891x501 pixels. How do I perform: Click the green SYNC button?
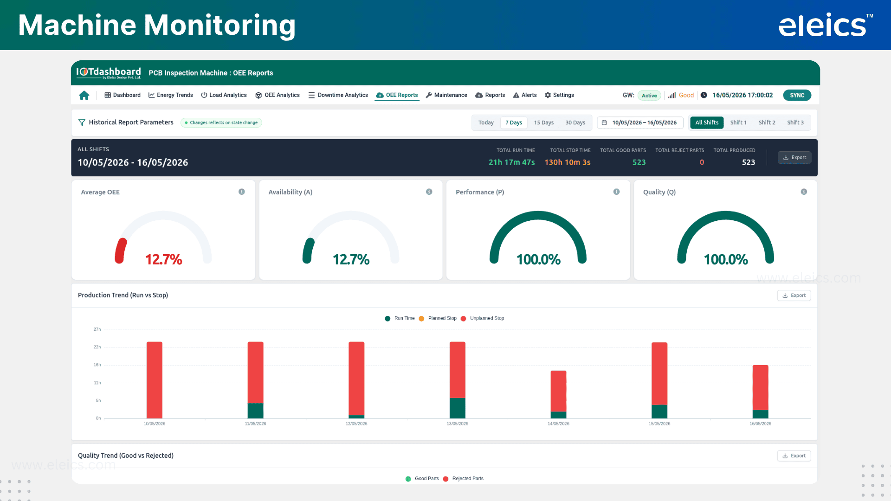pyautogui.click(x=797, y=95)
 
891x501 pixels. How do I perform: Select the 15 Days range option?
pyautogui.click(x=543, y=122)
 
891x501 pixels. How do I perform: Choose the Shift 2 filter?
pyautogui.click(x=767, y=122)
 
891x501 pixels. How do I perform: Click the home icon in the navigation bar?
pyautogui.click(x=84, y=95)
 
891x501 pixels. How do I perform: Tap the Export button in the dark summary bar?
pyautogui.click(x=794, y=158)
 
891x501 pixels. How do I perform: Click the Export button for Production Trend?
pyautogui.click(x=794, y=295)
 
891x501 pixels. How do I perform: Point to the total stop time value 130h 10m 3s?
pyautogui.click(x=568, y=162)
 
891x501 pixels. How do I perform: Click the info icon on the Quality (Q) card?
pyautogui.click(x=804, y=192)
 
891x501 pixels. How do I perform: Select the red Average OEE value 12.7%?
pyautogui.click(x=164, y=259)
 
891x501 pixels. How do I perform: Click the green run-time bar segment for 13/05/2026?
pyautogui.click(x=458, y=408)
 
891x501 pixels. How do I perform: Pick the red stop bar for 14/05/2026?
pyautogui.click(x=558, y=392)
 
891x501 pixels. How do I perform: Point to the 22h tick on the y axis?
pyautogui.click(x=97, y=347)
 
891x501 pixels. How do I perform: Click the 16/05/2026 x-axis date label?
pyautogui.click(x=760, y=424)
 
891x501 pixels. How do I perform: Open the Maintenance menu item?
pyautogui.click(x=446, y=95)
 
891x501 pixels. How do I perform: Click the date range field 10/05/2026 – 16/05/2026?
pyautogui.click(x=640, y=122)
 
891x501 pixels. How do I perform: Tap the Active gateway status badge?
pyautogui.click(x=649, y=96)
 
